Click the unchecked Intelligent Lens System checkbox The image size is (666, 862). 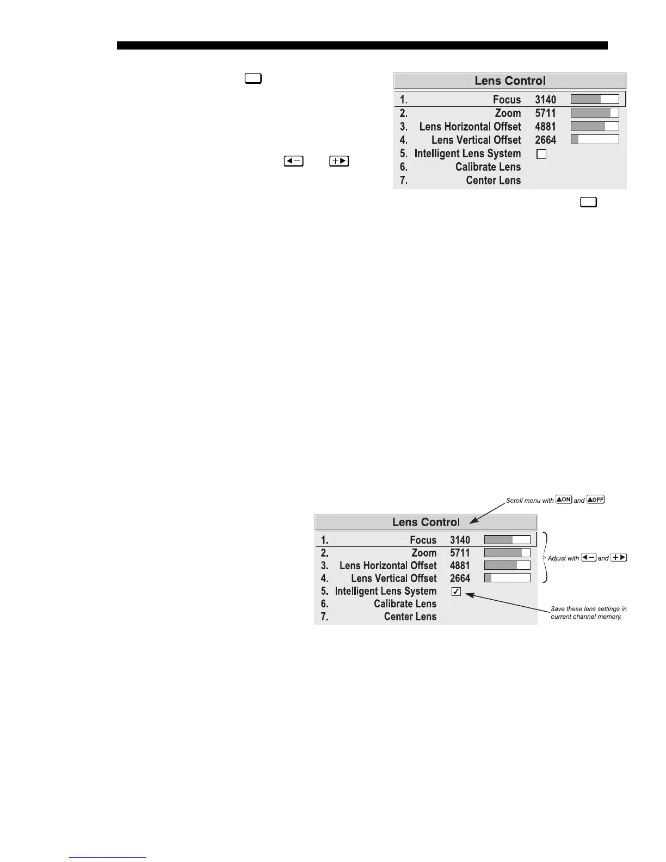tap(541, 155)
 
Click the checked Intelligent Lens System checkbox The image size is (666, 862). tap(456, 592)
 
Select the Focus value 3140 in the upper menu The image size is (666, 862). tap(545, 100)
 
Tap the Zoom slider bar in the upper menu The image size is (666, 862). tap(594, 113)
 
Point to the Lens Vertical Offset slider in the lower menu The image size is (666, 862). tap(507, 578)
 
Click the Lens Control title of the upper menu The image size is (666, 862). tap(510, 81)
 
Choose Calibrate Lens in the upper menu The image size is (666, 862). tap(488, 167)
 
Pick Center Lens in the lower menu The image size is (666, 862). tap(410, 617)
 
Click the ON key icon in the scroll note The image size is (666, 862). tap(564, 500)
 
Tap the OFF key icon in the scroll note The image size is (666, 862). tap(595, 500)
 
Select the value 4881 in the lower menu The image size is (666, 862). tap(460, 566)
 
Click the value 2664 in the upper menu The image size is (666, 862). tap(545, 140)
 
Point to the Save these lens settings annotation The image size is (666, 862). tap(588, 613)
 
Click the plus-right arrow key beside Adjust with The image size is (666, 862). tap(619, 557)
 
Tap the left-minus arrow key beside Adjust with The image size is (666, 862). tap(589, 557)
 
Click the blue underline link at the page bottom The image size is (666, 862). tap(108, 857)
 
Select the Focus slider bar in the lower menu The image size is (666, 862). tap(507, 540)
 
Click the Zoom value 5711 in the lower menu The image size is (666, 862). tap(460, 553)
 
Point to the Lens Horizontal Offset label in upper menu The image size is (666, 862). tap(470, 127)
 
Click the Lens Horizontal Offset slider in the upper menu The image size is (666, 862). tap(594, 126)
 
